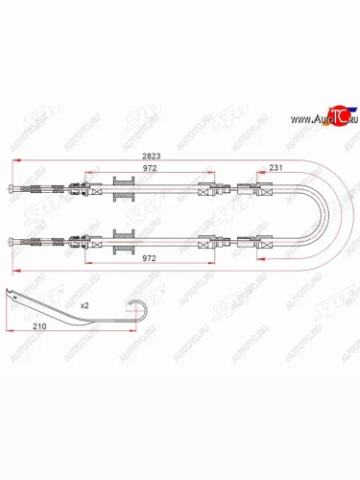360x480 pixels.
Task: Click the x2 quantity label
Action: pyautogui.click(x=84, y=304)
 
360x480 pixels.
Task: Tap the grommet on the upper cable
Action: pyautogui.click(x=124, y=190)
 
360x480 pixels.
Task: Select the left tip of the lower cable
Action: pyautogui.click(x=11, y=241)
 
